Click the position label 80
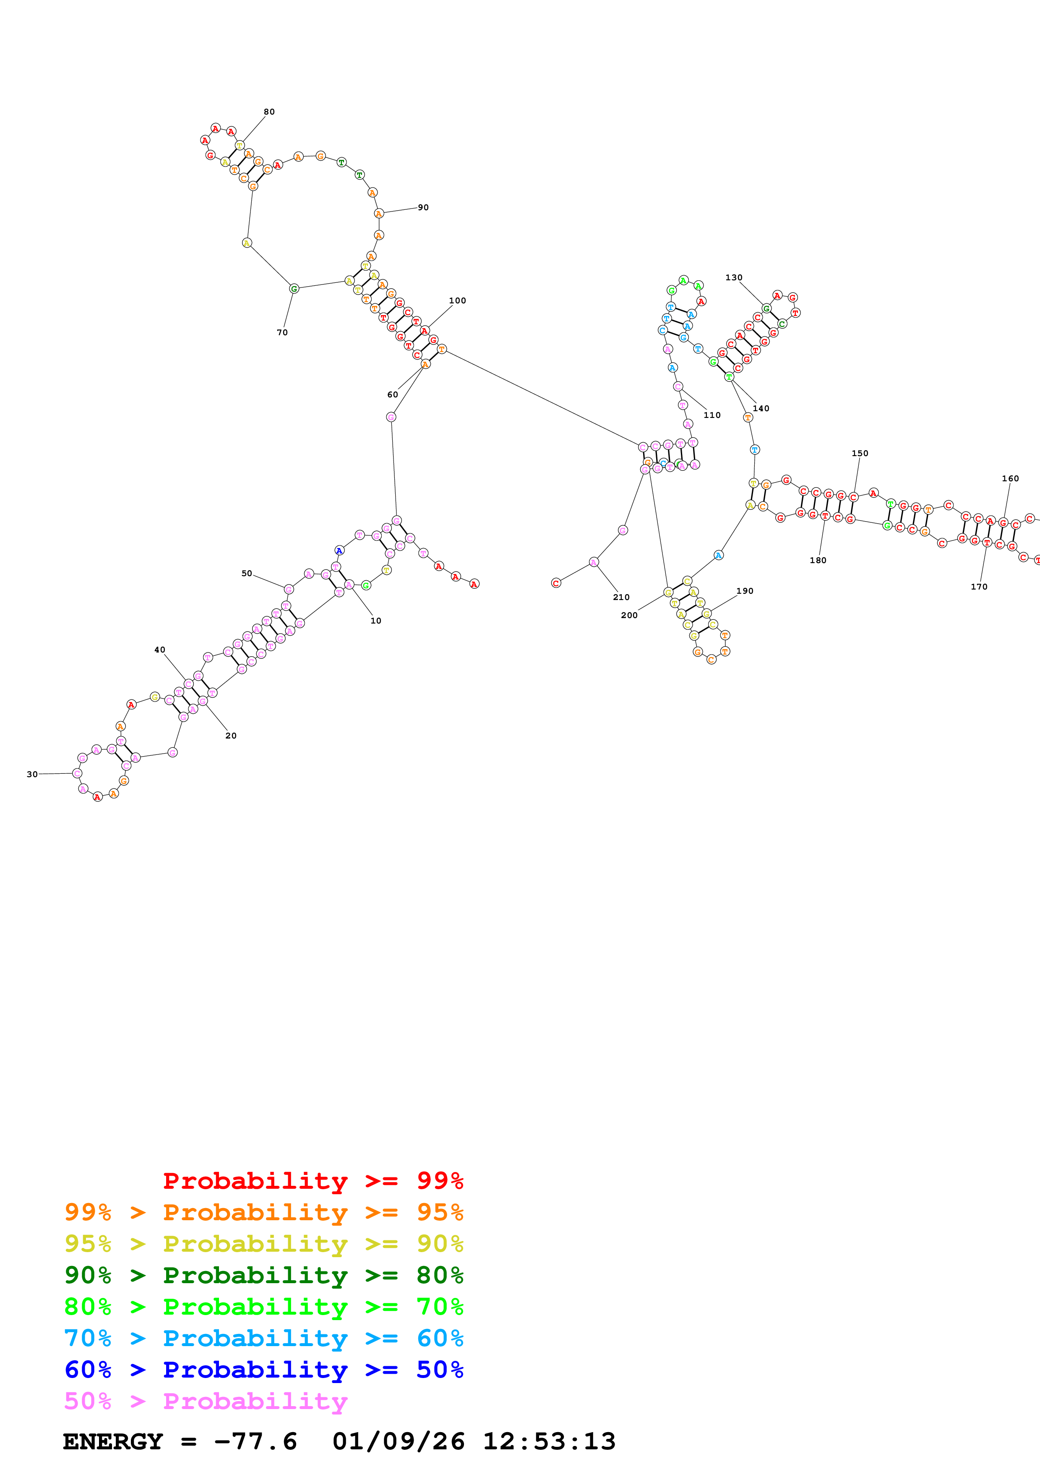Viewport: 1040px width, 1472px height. pyautogui.click(x=269, y=112)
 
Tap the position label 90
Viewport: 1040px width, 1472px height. pyautogui.click(x=423, y=207)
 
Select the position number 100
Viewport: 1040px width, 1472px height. pyautogui.click(x=457, y=300)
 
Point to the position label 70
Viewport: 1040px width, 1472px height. pyautogui.click(x=282, y=332)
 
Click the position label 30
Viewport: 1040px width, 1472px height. pyautogui.click(x=32, y=774)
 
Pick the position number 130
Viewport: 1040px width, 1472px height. pyautogui.click(x=734, y=277)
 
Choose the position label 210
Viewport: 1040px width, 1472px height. pyautogui.click(x=621, y=597)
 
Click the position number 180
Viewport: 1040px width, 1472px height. pyautogui.click(x=818, y=560)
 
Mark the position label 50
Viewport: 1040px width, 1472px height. pyautogui.click(x=247, y=573)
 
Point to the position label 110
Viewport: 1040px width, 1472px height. pyautogui.click(x=712, y=415)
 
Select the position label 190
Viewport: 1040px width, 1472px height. pyautogui.click(x=745, y=590)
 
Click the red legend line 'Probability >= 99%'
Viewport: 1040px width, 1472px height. pyautogui.click(x=313, y=1180)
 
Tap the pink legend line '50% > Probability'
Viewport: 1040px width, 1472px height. pyautogui.click(x=206, y=1401)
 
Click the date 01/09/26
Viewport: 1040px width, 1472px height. pyautogui.click(x=398, y=1441)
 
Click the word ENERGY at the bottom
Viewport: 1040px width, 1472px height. pyautogui.click(x=113, y=1441)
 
